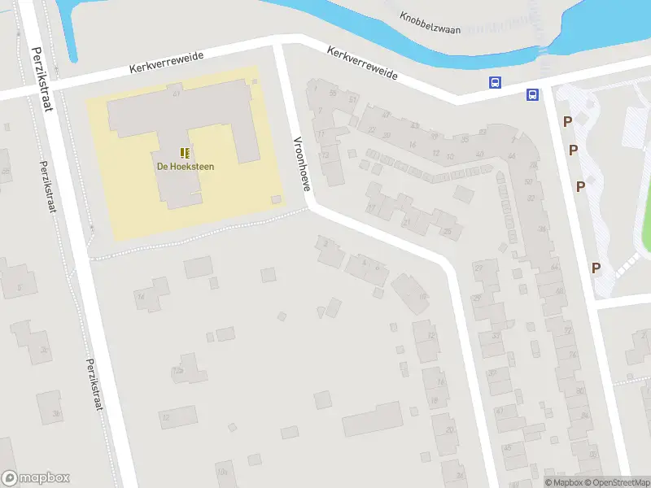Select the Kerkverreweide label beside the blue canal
pyautogui.click(x=362, y=63)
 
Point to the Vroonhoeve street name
pyautogui.click(x=301, y=163)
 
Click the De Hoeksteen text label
pyautogui.click(x=186, y=167)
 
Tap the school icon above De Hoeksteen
pyautogui.click(x=186, y=152)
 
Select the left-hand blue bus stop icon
pyautogui.click(x=495, y=82)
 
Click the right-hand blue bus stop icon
pyautogui.click(x=532, y=94)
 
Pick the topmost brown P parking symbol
pyautogui.click(x=566, y=122)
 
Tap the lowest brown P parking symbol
pyautogui.click(x=596, y=268)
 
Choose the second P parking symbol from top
pyautogui.click(x=574, y=150)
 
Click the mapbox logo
pyautogui.click(x=36, y=478)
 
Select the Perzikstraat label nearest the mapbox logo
pyautogui.click(x=95, y=385)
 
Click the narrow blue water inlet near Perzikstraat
pyautogui.click(x=68, y=33)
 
